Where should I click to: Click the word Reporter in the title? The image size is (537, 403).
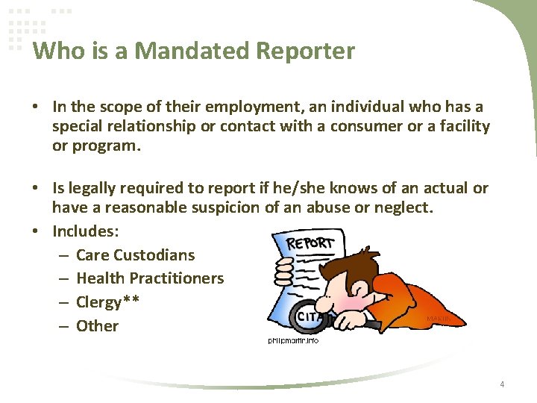point(306,51)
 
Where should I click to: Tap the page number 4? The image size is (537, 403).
point(502,384)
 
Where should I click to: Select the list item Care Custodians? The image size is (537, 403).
point(135,254)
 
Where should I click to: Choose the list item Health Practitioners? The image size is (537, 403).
point(150,278)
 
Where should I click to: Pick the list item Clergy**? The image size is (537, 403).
point(108,302)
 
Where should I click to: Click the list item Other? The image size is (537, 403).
point(97,325)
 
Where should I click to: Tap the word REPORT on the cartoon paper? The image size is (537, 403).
point(311,244)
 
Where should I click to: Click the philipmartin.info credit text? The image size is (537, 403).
point(293,340)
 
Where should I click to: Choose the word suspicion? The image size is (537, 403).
point(223,207)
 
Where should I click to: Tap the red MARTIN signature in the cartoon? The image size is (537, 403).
point(438,319)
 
